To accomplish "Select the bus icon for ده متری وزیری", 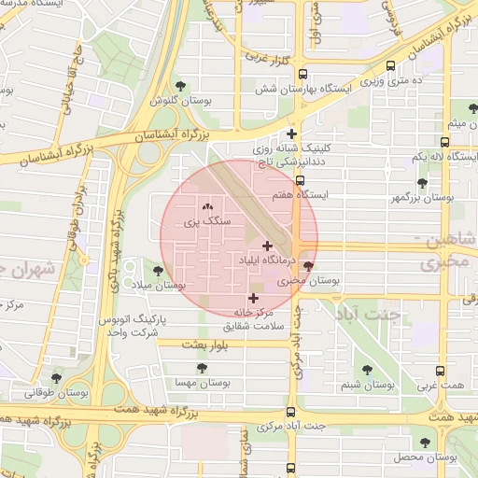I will coord(389,66).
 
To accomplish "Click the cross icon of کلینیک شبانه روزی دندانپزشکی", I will coord(292,134).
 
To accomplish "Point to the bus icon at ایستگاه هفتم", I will coord(300,181).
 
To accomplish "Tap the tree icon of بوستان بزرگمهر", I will coord(422,183).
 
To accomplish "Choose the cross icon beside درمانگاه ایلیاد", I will coord(268,246).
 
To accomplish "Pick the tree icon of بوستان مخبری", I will coord(309,265).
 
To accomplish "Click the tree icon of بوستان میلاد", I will coord(157,270).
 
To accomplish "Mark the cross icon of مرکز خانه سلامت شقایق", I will coord(253,297).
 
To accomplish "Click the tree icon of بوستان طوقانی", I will coord(58,379).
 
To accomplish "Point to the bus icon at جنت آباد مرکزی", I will coord(291,412).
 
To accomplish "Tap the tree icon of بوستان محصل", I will coord(425,443).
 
